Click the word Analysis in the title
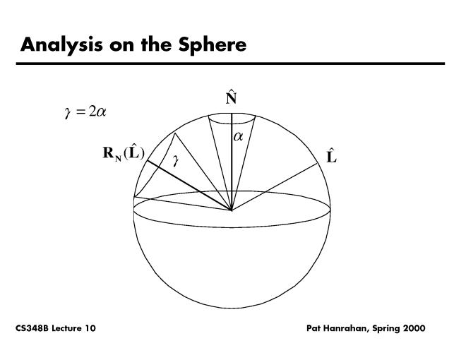(61, 45)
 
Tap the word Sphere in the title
(213, 45)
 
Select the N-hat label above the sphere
(231, 98)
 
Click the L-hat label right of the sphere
(331, 155)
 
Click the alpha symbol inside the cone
(239, 137)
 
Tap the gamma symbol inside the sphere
(176, 161)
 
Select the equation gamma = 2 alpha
(85, 112)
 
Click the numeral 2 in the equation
(92, 112)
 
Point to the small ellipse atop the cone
(232, 118)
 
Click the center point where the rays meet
(232, 210)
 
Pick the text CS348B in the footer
(32, 328)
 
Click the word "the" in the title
(156, 44)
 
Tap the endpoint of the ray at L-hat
(318, 163)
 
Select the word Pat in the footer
(313, 328)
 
